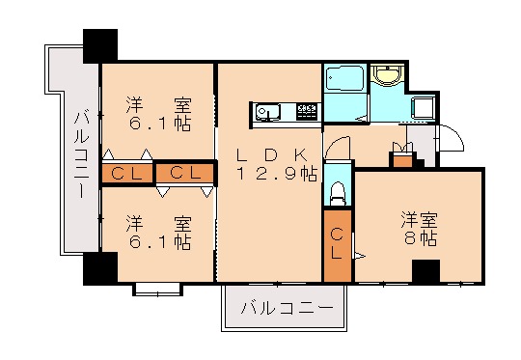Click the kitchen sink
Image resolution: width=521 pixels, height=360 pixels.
point(267,113)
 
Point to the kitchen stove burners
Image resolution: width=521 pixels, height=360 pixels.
point(307,112)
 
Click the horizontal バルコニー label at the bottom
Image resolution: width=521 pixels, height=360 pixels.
point(286,310)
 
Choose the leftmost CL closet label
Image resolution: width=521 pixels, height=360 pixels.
point(126,174)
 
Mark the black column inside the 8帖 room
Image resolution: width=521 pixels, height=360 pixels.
point(425,271)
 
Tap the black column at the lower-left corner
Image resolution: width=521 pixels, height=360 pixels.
point(99,267)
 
